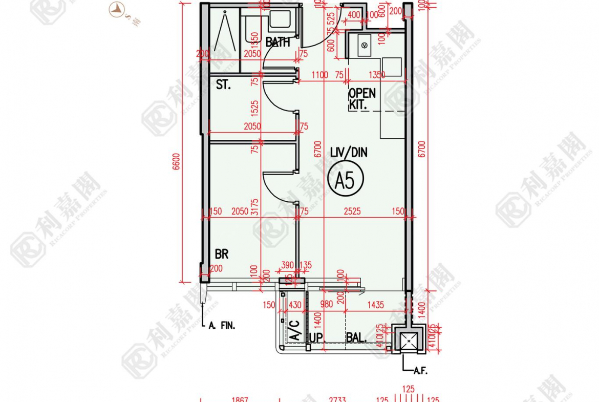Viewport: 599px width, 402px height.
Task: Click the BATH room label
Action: tap(277, 42)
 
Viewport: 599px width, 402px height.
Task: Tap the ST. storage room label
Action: tap(223, 85)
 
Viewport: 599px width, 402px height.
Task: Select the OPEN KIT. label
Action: tap(362, 99)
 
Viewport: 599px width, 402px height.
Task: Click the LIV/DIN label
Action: tap(348, 152)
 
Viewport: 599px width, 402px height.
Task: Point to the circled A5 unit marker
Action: tap(345, 180)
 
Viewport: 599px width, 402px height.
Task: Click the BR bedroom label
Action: tap(221, 254)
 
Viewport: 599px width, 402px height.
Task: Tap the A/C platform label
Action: tap(295, 330)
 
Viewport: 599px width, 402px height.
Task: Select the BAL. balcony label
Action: tap(356, 338)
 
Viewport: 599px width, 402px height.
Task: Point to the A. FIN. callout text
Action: tap(222, 325)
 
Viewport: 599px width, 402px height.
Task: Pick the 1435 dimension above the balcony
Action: tap(375, 305)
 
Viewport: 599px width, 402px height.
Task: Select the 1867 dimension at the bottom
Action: tap(240, 399)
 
